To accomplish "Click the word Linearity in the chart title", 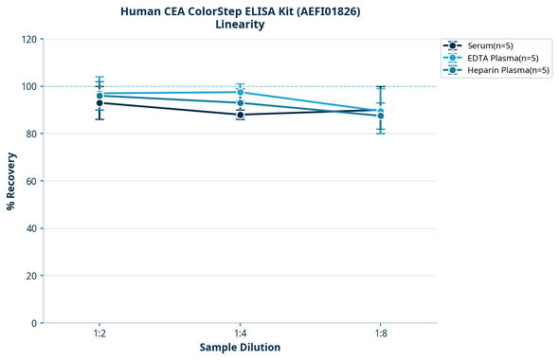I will tap(240, 25).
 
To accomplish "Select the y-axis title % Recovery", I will tap(11, 181).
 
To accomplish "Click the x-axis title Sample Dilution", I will tap(240, 348).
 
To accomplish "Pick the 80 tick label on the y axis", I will tap(31, 134).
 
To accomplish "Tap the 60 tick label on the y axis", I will tap(31, 181).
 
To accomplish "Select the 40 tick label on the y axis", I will tap(31, 228).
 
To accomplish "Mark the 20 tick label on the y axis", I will tap(31, 276).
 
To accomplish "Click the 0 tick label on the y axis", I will tap(34, 323).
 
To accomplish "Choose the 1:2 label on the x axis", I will tap(99, 333).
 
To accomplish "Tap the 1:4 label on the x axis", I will tap(240, 333).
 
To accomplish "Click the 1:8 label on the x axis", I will tap(380, 333).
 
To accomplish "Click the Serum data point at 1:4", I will tap(240, 115).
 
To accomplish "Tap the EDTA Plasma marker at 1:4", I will tap(240, 92).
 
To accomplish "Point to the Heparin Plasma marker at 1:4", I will tap(240, 102).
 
